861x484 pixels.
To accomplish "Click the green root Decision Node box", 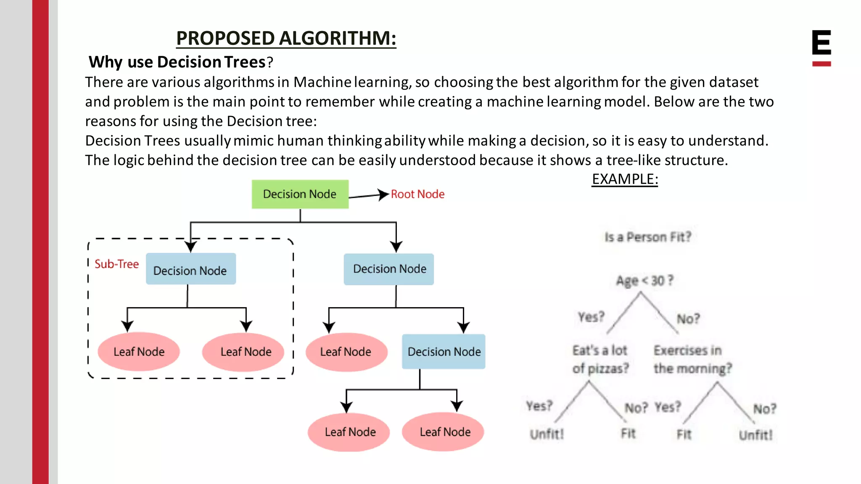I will pos(300,194).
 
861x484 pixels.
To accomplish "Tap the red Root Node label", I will pos(417,194).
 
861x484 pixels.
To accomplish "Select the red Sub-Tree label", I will pos(116,264).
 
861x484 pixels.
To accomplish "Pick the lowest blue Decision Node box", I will pos(444,352).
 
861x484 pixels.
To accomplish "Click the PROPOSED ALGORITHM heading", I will pos(286,38).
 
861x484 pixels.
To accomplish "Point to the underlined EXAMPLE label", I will pos(625,179).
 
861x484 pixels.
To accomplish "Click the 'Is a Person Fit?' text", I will pos(647,237).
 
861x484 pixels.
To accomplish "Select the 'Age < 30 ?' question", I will pos(644,280).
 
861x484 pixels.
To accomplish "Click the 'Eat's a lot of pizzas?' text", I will pos(600,359).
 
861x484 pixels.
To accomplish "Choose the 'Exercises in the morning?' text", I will pos(692,359).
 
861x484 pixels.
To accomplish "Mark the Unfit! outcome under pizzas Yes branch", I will pos(547,434).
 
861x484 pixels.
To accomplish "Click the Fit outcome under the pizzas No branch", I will pos(629,433).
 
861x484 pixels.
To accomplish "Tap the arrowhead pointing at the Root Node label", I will pos(383,195).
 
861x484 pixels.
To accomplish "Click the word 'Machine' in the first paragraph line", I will pos(322,82).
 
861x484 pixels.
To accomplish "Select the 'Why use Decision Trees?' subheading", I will pos(181,62).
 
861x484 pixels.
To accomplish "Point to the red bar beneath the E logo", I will pos(821,64).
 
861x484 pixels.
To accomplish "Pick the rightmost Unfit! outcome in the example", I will pos(755,435).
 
